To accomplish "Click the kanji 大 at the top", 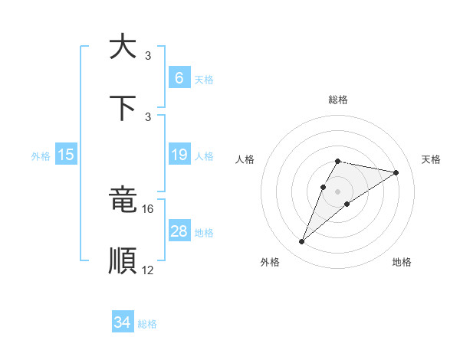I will pos(122,46).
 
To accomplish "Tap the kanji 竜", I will pos(122,200).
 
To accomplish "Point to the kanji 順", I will pos(122,260).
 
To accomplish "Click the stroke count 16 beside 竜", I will pos(148,208).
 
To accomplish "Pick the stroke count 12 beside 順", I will pos(148,270).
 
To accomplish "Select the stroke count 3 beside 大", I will pos(148,55).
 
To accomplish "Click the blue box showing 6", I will pos(179,78).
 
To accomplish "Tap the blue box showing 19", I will pos(179,155).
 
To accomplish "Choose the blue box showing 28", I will pos(179,231).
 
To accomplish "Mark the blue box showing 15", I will pos(65,155).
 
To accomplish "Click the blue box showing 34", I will pos(122,322).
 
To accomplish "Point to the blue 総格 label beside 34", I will pos(147,324).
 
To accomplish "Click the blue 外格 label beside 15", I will pos(41,156).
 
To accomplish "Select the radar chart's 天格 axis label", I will pos(431,159).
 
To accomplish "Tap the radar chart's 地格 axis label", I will pos(402,262).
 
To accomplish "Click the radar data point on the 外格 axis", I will pos(301,242).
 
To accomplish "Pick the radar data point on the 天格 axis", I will pos(396,172).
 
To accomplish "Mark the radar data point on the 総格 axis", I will pos(337,161).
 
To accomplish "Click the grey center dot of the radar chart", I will pos(337,191).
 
